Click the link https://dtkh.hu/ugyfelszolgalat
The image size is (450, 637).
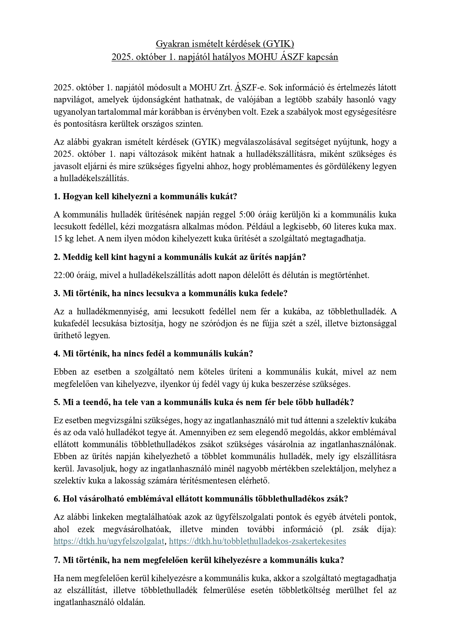pyautogui.click(x=109, y=541)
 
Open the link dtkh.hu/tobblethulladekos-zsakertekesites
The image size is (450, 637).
pyautogui.click(x=257, y=541)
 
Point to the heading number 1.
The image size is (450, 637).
pyautogui.click(x=57, y=197)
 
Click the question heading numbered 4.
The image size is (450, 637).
pyautogui.click(x=153, y=354)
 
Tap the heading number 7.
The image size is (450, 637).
pyautogui.click(x=57, y=560)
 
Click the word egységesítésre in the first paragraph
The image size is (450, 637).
pyautogui.click(x=370, y=112)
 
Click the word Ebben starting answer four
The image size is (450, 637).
pyautogui.click(x=65, y=372)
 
